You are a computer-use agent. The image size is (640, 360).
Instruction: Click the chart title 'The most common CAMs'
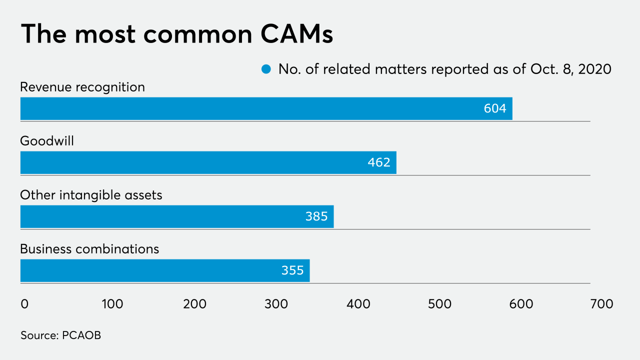[x=177, y=34]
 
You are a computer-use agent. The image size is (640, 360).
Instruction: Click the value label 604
[x=494, y=108]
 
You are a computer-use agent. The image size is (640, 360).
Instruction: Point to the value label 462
[x=378, y=162]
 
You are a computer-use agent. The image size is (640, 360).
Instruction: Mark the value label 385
[x=316, y=216]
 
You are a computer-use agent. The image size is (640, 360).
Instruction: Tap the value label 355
[x=292, y=270]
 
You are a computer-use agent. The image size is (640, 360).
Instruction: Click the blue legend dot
[x=266, y=69]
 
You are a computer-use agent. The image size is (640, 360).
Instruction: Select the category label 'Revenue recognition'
[x=82, y=87]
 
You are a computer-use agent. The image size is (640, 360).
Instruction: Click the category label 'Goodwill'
[x=47, y=141]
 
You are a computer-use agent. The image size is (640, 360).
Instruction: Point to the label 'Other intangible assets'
[x=91, y=195]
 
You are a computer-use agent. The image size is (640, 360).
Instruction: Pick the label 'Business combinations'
[x=89, y=249]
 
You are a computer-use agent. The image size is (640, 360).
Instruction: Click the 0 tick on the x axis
[x=24, y=304]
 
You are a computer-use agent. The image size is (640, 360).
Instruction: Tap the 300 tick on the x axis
[x=275, y=304]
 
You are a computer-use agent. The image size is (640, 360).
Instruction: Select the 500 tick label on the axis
[x=440, y=304]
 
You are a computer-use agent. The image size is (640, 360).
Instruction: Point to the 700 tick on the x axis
[x=601, y=304]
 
